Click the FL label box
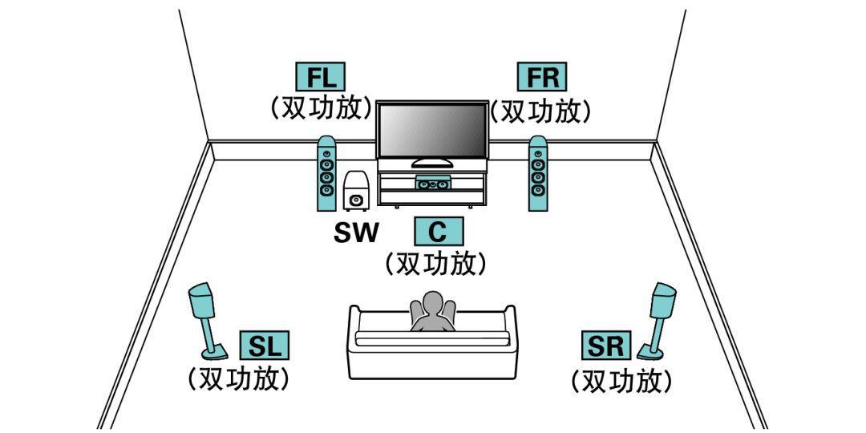pyautogui.click(x=322, y=77)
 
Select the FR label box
pyautogui.click(x=542, y=77)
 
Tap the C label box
pyautogui.click(x=437, y=231)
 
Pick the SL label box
pyautogui.click(x=264, y=346)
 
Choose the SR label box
pyautogui.click(x=605, y=346)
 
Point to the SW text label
pyautogui.click(x=356, y=233)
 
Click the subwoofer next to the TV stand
pyautogui.click(x=355, y=192)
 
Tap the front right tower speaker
pyautogui.click(x=538, y=172)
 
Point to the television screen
pyautogui.click(x=432, y=131)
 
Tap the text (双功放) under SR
pyautogui.click(x=621, y=379)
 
